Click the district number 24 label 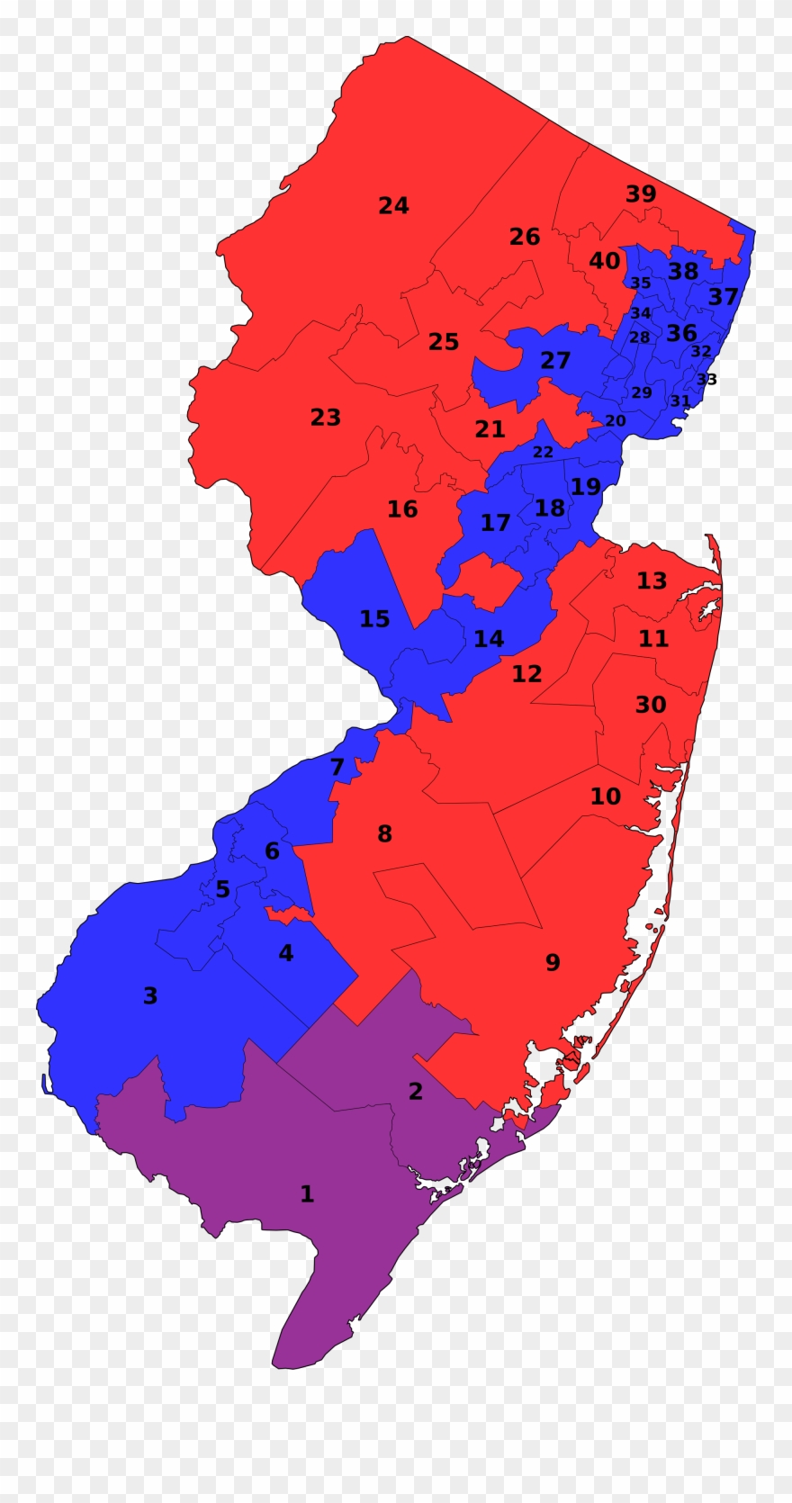393,206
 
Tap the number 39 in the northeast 641,193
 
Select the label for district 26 525,237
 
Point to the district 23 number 326,418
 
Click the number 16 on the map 402,509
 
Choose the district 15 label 374,619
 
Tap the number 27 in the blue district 555,360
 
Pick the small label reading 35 640,283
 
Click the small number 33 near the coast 707,379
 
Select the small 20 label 615,420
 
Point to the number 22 543,452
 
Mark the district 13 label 652,580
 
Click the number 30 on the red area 651,705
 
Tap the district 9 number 553,963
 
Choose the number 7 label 337,767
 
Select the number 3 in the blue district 150,996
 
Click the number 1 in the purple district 307,1194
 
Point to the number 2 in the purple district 415,1092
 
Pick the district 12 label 526,673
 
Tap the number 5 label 222,890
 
